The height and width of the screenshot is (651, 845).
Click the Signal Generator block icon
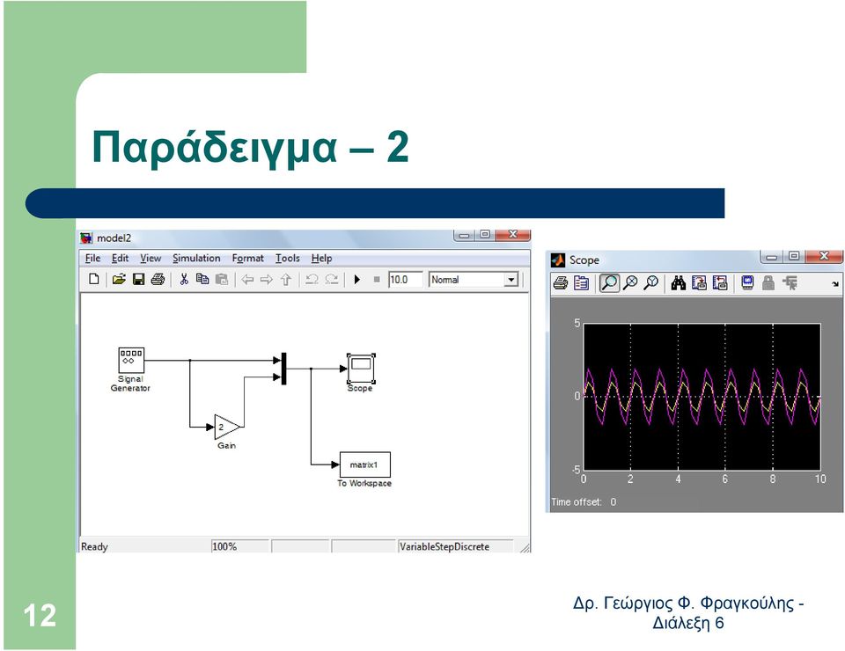click(131, 360)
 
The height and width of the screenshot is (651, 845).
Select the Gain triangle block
click(226, 427)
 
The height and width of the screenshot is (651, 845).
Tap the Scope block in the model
click(361, 368)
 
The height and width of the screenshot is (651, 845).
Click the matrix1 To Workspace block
click(364, 464)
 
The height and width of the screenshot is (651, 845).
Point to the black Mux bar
click(284, 369)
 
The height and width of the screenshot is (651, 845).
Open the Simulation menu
click(196, 259)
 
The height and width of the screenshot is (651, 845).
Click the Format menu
click(248, 259)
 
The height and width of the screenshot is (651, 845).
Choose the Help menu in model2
click(322, 259)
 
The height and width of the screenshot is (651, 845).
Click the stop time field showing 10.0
click(405, 280)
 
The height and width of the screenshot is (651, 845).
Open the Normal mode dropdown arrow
click(511, 280)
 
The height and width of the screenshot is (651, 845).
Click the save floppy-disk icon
click(138, 279)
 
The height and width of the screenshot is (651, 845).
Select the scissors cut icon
click(184, 279)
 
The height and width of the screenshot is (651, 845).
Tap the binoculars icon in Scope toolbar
click(679, 282)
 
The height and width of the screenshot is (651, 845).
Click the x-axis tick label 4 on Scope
click(678, 479)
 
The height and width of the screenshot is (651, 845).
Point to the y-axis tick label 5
click(577, 323)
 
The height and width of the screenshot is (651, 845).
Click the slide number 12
click(40, 616)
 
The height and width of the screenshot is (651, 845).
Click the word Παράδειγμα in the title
click(215, 147)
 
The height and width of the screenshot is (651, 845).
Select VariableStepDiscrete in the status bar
click(445, 546)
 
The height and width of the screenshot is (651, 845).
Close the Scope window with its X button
click(824, 256)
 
